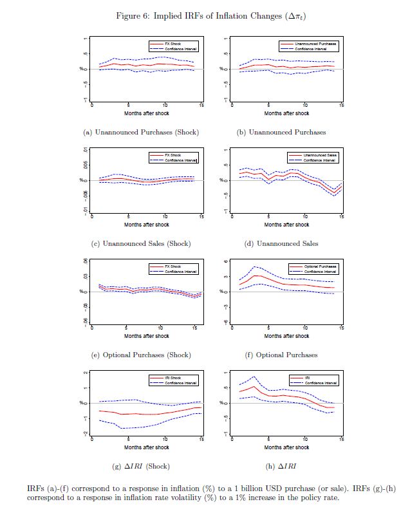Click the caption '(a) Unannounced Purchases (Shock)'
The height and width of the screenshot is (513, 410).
(140, 132)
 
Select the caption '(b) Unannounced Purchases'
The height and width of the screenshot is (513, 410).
(281, 132)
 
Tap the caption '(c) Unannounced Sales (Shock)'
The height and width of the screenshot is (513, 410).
(140, 243)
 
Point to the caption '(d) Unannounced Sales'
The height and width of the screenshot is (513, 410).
(281, 243)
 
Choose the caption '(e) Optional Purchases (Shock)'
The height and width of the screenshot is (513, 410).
(140, 355)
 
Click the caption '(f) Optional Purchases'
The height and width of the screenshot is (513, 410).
(281, 355)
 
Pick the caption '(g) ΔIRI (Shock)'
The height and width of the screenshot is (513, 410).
(140, 466)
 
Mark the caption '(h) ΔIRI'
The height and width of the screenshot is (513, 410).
(281, 466)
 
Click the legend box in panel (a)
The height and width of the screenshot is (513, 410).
(172, 46)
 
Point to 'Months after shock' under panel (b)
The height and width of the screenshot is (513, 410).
(286, 113)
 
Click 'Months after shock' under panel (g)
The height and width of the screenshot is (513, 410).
(147, 447)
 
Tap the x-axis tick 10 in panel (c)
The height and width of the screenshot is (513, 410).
(165, 216)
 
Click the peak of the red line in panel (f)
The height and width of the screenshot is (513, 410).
(256, 275)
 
